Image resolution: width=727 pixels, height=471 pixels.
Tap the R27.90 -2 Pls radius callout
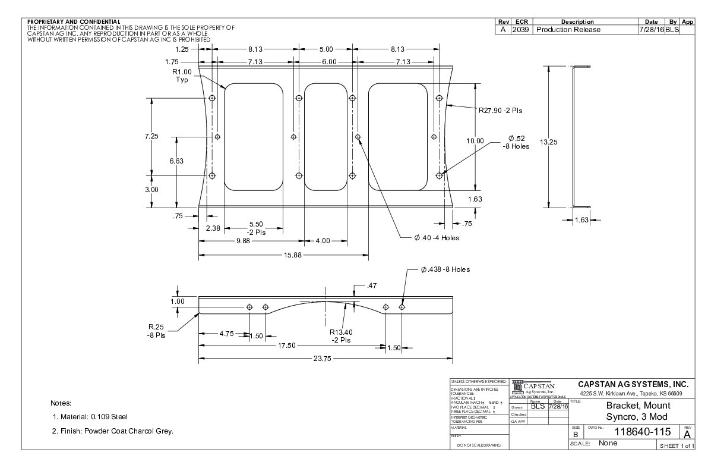coord(501,110)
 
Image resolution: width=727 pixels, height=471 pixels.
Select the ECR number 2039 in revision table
coord(521,30)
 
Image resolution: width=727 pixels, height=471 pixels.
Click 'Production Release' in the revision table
coord(568,30)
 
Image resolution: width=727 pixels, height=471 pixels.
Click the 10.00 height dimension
coord(475,141)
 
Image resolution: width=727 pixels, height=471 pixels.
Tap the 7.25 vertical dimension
coord(152,137)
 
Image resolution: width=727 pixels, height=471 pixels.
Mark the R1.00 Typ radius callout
coord(181,76)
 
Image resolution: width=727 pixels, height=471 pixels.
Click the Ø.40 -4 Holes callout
coord(437,238)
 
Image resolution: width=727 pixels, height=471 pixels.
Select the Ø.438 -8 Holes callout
coord(445,269)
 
